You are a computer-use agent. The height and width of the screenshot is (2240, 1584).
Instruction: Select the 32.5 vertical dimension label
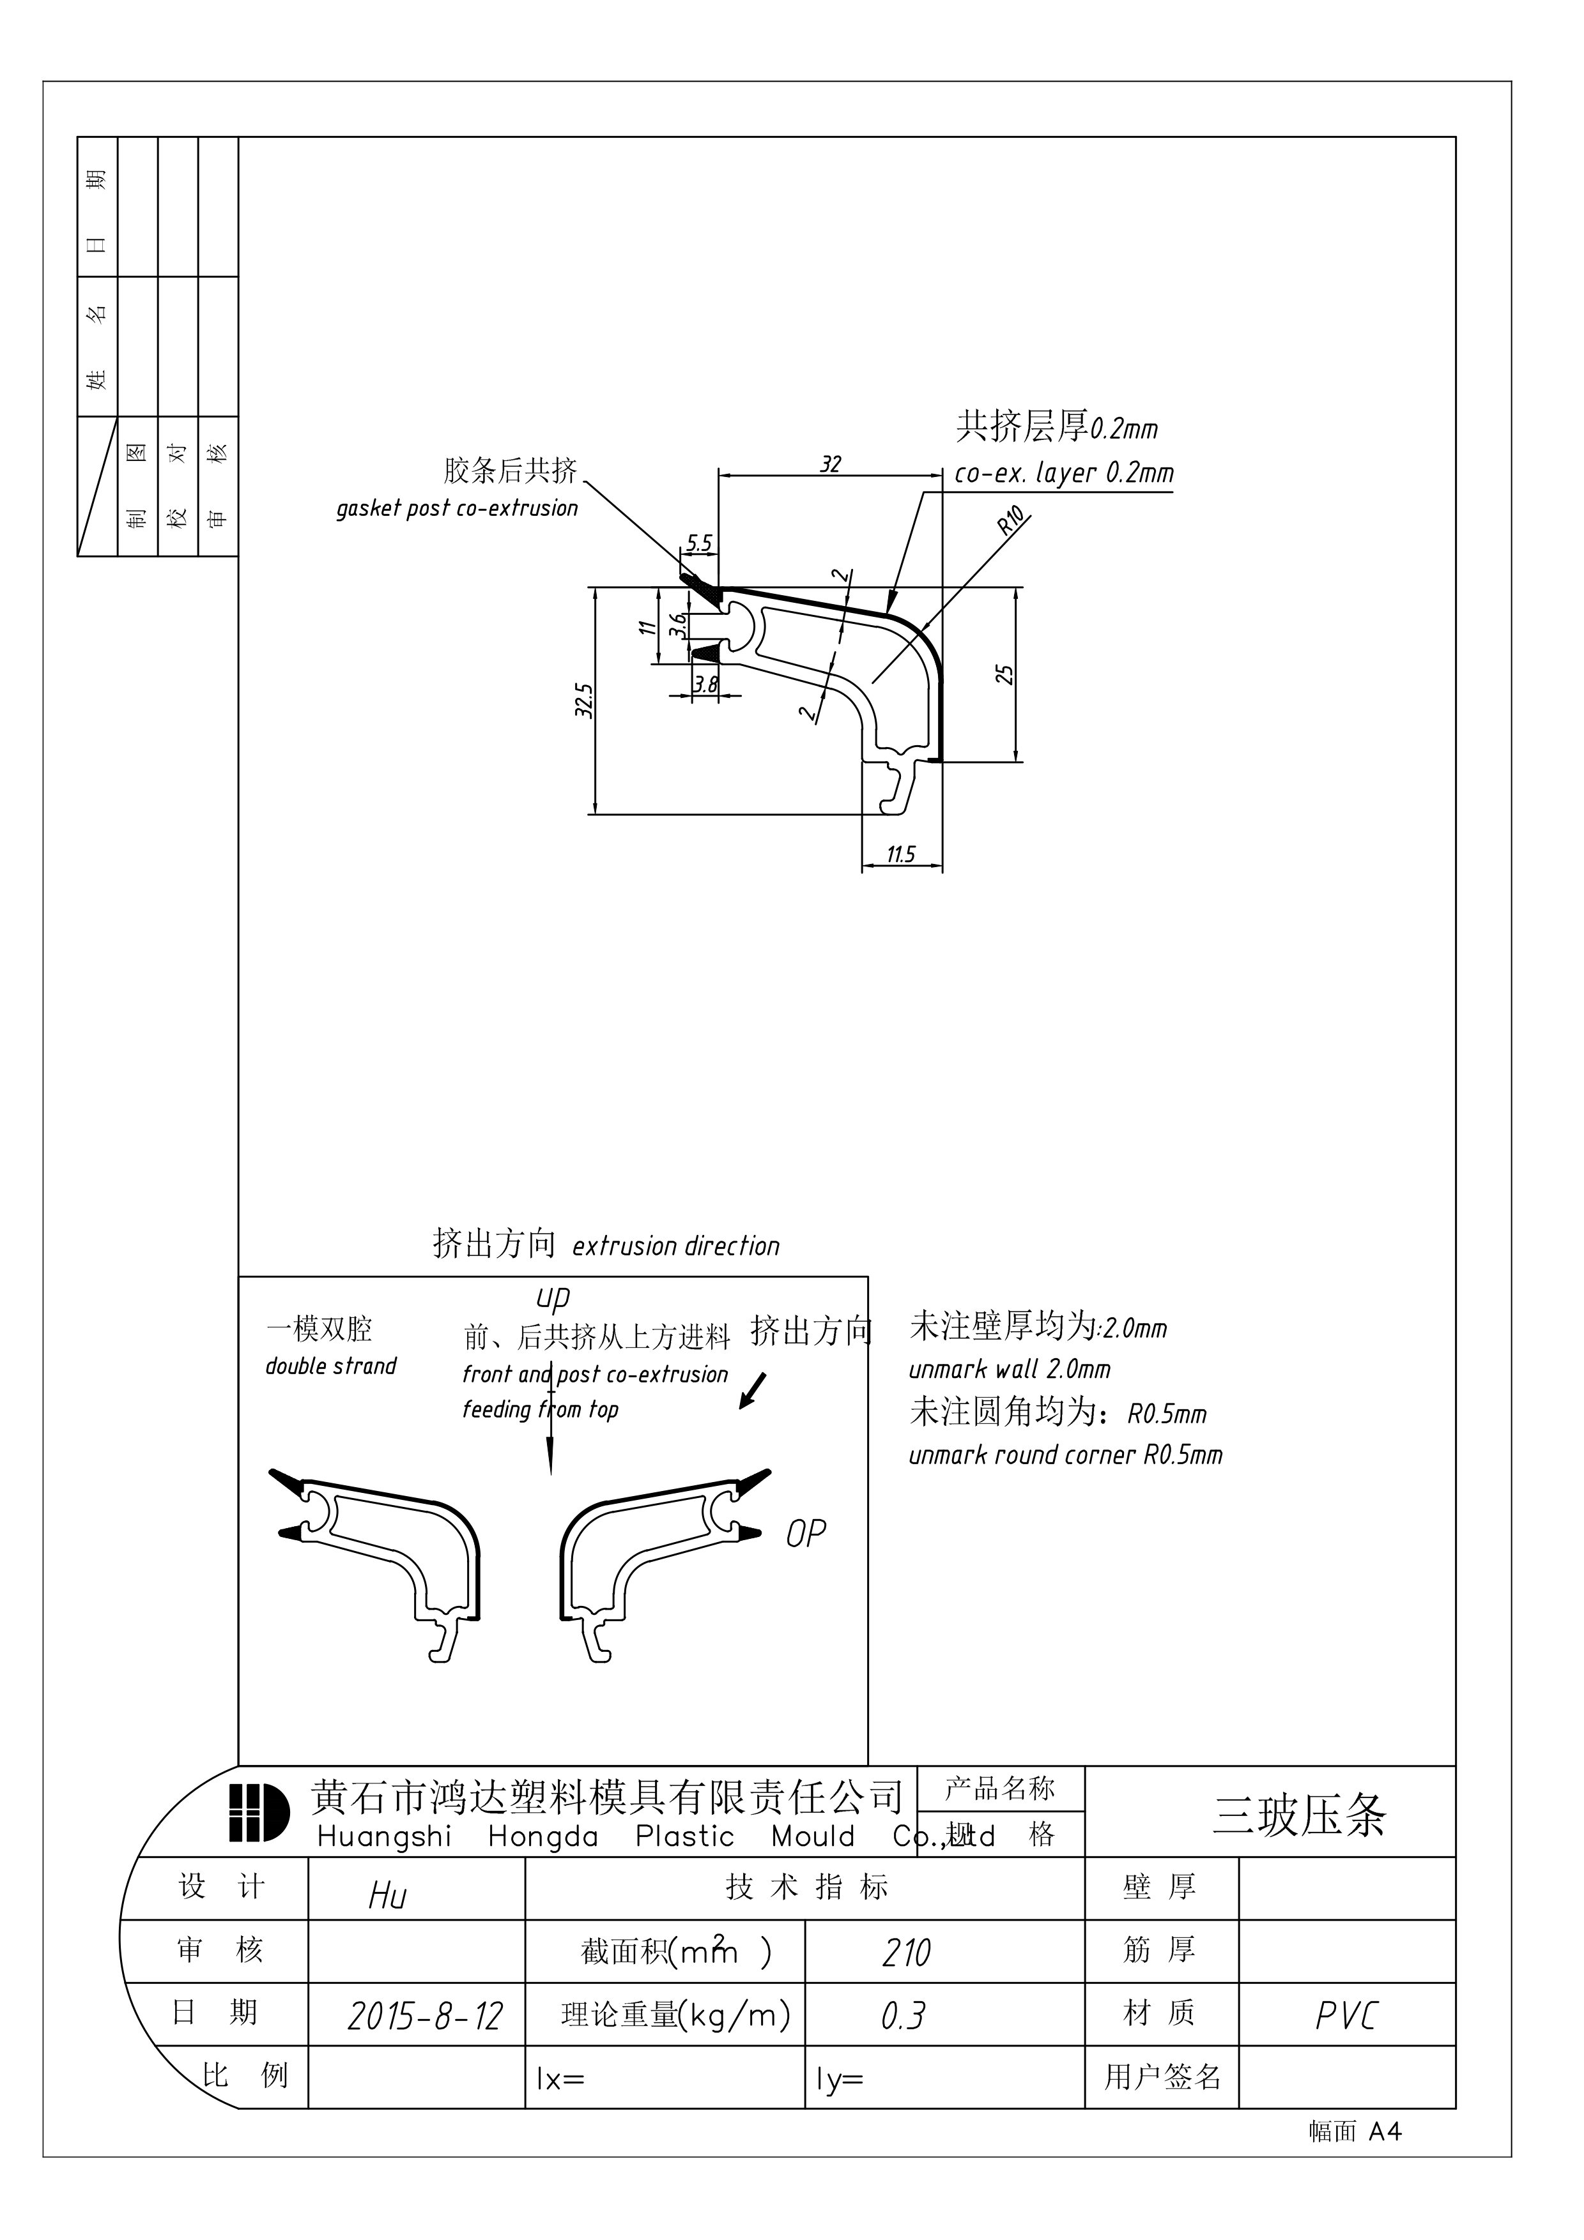[583, 700]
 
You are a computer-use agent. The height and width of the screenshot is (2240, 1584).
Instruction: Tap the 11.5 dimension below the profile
[901, 854]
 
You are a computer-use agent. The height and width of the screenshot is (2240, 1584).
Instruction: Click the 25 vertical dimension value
[1004, 674]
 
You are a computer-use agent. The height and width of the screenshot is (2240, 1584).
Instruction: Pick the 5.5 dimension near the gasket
[700, 543]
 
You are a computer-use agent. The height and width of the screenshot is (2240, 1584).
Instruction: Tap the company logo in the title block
[259, 1813]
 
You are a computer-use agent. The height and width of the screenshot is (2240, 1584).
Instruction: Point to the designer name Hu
[387, 1896]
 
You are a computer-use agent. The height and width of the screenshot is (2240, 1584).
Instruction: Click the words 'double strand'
[331, 1366]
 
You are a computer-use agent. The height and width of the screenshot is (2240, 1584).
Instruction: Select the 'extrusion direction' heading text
[675, 1247]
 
